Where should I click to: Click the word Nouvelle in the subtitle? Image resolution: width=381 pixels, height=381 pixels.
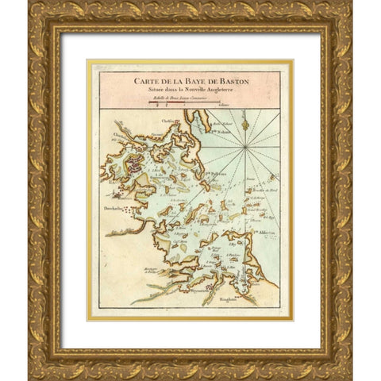190,87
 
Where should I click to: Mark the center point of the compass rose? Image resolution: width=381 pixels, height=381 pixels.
246,148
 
